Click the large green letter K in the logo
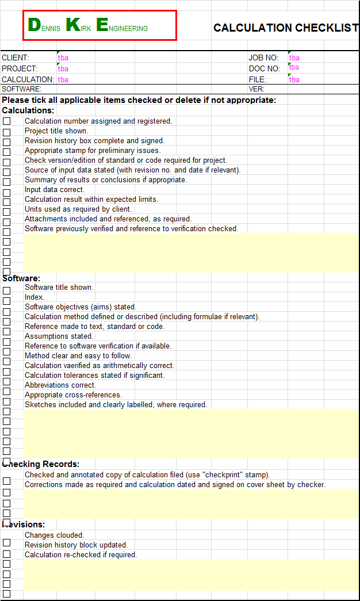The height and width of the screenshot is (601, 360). [73, 25]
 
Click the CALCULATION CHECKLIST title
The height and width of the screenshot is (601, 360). [286, 28]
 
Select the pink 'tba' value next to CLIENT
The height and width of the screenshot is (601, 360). [63, 58]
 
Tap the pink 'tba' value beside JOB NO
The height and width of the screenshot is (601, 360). [294, 58]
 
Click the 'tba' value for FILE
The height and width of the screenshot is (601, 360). [294, 79]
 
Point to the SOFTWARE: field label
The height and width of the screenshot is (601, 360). [21, 89]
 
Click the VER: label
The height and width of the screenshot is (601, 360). [256, 89]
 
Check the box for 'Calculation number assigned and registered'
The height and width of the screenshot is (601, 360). [6, 121]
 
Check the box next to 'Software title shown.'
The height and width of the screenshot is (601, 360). [6, 290]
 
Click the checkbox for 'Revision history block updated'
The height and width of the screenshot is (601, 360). [6, 542]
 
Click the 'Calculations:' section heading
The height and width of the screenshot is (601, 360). [28, 110]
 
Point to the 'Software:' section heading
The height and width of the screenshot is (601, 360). [21, 278]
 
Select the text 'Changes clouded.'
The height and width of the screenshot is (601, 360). [54, 535]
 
